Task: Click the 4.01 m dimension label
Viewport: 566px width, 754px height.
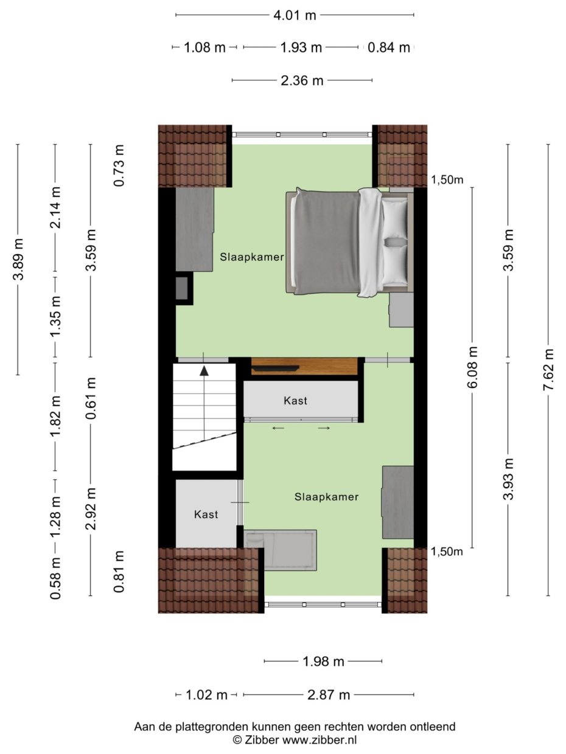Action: click(x=295, y=15)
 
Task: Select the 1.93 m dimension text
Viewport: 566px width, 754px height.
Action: click(x=301, y=47)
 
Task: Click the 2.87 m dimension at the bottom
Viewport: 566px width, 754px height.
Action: click(x=328, y=694)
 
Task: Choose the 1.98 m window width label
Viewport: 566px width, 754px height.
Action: click(x=323, y=662)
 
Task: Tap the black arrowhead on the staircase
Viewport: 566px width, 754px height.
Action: click(x=204, y=370)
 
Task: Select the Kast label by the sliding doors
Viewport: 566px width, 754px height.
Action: click(x=295, y=401)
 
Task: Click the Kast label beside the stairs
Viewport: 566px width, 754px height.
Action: click(x=206, y=514)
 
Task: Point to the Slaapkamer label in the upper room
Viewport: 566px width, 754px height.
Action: click(x=252, y=257)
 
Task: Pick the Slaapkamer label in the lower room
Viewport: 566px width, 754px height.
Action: click(x=326, y=497)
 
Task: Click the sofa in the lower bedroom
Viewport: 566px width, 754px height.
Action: click(x=281, y=549)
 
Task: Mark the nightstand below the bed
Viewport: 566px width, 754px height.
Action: click(x=401, y=310)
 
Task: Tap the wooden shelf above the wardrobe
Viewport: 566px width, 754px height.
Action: click(x=304, y=366)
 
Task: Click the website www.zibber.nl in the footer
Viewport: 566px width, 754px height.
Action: click(x=319, y=740)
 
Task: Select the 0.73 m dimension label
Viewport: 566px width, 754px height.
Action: click(x=119, y=165)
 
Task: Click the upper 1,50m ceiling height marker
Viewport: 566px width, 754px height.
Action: click(x=447, y=179)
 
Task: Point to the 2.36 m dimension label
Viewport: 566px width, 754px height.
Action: click(x=302, y=80)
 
